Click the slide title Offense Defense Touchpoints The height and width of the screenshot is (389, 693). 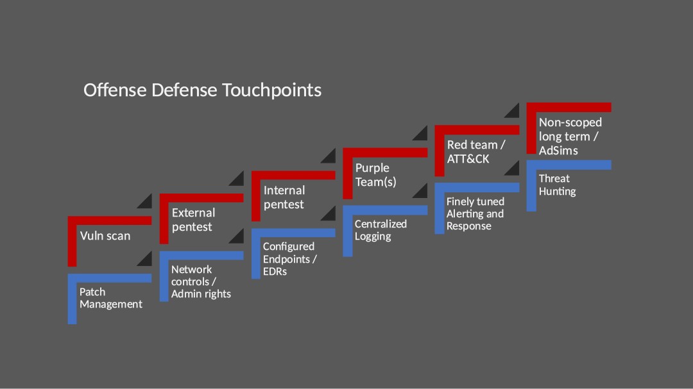tap(202, 90)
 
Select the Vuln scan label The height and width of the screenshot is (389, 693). tap(105, 236)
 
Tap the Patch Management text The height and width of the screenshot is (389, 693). tap(111, 298)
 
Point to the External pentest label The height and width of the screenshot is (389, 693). tap(194, 220)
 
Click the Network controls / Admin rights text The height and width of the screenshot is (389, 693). tap(201, 282)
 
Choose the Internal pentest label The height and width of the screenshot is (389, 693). tap(284, 197)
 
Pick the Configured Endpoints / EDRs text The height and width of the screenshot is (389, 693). tap(290, 259)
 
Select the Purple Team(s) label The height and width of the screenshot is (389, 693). tap(375, 175)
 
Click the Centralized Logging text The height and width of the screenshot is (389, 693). tap(381, 230)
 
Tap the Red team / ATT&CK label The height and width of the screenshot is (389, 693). tap(476, 152)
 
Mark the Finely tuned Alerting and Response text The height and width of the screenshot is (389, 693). tap(475, 213)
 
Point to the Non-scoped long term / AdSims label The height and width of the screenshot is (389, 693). tap(570, 137)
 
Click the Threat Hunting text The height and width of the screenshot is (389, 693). tap(558, 185)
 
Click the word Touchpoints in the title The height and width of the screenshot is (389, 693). tap(271, 90)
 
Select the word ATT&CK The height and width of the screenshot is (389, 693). tap(468, 159)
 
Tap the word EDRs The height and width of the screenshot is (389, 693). tap(275, 272)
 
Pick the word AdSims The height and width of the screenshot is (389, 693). tap(558, 151)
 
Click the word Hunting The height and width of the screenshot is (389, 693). tap(558, 192)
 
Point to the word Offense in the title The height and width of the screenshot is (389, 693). tap(115, 90)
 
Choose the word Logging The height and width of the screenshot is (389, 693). tap(373, 236)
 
